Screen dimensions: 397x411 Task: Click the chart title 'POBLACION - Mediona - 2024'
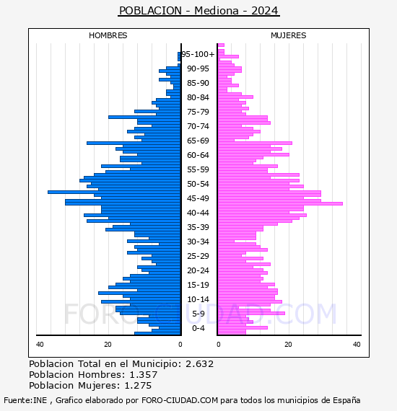click(198, 11)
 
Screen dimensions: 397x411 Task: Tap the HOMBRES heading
click(108, 35)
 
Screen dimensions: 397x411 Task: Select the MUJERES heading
click(289, 35)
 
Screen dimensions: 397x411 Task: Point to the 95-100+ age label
click(198, 54)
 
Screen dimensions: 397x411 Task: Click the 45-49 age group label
click(198, 198)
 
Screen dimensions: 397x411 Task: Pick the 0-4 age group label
click(198, 328)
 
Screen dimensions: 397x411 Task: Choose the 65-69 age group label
click(198, 141)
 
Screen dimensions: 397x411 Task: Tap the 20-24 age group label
click(198, 270)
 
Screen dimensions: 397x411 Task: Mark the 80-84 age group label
click(198, 97)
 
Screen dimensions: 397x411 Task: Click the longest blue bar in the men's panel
click(114, 192)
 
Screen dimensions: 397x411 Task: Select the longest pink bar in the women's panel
click(280, 203)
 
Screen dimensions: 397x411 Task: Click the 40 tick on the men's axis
click(40, 344)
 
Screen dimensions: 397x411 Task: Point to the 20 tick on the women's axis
click(288, 344)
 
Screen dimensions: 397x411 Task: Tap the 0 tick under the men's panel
click(180, 344)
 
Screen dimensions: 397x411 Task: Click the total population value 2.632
click(200, 364)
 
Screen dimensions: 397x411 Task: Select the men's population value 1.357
click(144, 374)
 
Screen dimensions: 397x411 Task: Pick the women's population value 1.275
click(138, 385)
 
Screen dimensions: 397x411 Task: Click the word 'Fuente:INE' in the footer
click(25, 400)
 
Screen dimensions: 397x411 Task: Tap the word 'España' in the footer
click(346, 401)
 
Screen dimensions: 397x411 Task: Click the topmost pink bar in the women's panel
click(221, 45)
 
